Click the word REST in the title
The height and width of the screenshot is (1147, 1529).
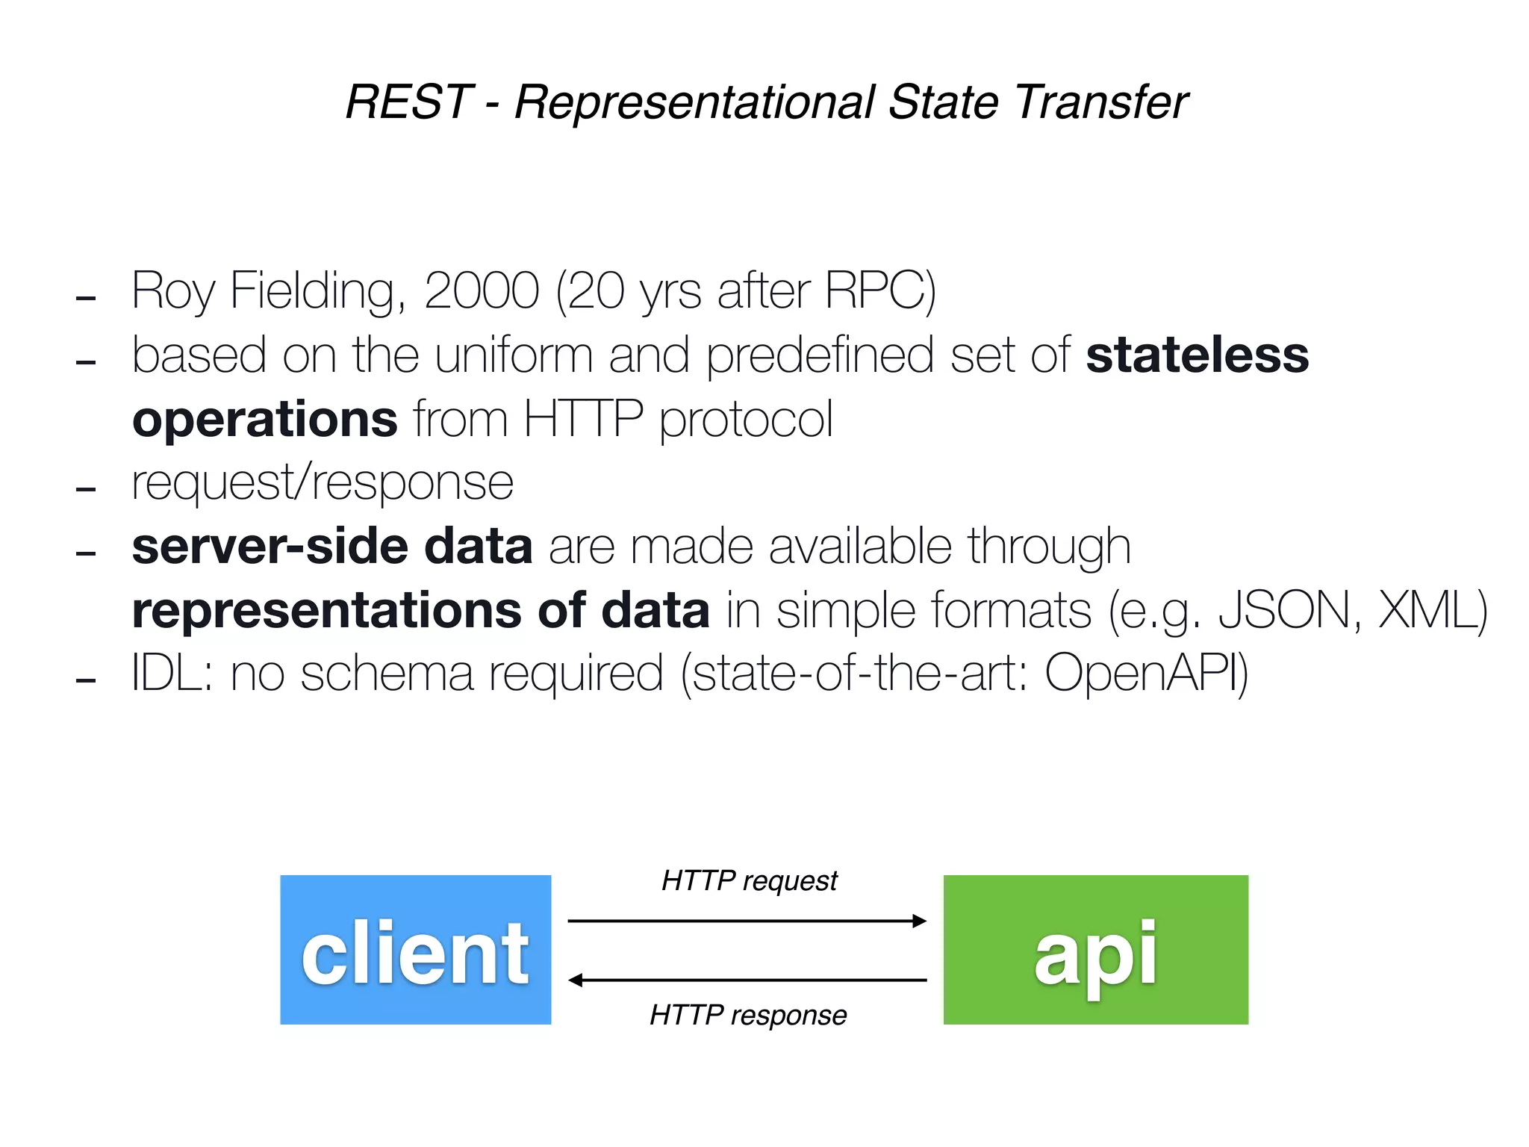[x=408, y=102]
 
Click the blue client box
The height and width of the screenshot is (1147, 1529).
[x=415, y=949]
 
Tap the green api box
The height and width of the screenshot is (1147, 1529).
[x=1095, y=949]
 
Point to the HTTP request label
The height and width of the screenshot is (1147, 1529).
[x=750, y=881]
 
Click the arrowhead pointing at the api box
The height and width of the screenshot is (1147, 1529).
[x=920, y=921]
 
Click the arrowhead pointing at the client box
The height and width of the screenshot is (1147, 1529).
[x=576, y=980]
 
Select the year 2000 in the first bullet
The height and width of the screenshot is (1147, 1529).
[x=482, y=290]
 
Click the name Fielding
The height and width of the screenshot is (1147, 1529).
[x=318, y=290]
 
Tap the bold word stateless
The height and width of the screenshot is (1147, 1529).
[x=1197, y=355]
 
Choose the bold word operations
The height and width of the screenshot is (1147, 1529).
[x=264, y=420]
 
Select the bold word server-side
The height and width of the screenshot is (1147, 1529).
[x=269, y=546]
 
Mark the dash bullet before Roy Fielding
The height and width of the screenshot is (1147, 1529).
[x=86, y=299]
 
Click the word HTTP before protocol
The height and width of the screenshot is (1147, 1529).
[x=582, y=420]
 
